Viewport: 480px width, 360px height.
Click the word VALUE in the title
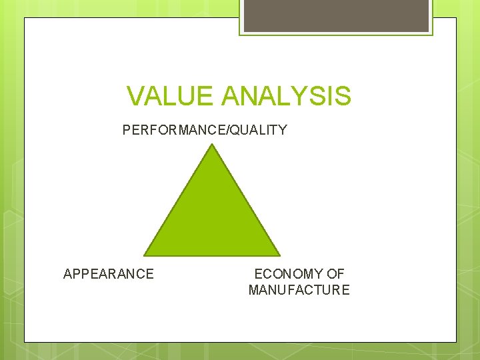coord(171,96)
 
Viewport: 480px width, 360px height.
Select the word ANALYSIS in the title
coord(286,96)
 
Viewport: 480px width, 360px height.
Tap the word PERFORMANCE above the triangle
coord(175,130)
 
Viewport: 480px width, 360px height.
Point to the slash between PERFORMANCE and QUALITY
coord(230,130)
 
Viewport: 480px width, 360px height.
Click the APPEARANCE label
coord(109,274)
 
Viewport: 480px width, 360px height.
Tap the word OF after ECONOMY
coord(336,274)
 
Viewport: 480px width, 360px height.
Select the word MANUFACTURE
coord(299,290)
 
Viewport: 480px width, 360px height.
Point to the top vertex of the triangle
coord(213,145)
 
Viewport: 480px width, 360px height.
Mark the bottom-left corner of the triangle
coord(145,255)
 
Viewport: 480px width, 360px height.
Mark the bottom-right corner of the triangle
coord(279,255)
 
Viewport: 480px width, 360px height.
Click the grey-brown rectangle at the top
coord(336,15)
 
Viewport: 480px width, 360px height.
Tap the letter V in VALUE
coord(135,96)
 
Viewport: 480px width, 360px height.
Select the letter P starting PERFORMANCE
coord(127,130)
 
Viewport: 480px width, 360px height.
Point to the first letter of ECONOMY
coord(259,274)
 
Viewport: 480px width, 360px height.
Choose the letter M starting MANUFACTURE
coord(254,290)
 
